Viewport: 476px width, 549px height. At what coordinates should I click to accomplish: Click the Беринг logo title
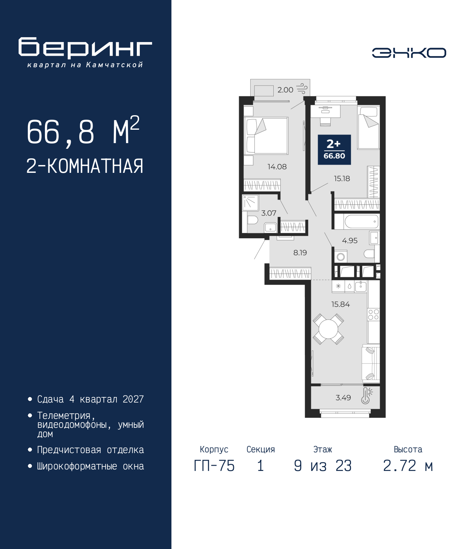[85, 48]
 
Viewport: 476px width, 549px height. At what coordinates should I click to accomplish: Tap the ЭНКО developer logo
[409, 53]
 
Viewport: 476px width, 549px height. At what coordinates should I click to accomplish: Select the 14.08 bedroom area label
[277, 167]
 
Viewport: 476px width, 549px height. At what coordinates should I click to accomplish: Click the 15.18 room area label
[342, 179]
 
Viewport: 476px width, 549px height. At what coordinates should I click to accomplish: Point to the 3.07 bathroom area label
[268, 213]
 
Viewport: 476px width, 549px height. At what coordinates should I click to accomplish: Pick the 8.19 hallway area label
[300, 253]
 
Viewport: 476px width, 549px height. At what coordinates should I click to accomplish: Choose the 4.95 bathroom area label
[350, 241]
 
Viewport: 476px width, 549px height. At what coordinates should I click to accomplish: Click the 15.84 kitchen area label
[340, 304]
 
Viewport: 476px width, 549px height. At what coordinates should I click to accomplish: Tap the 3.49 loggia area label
[343, 398]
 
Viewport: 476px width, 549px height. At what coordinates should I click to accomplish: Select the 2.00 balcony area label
[285, 90]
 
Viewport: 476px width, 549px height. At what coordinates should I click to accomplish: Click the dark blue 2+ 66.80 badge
[334, 149]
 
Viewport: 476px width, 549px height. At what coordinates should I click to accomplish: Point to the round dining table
[328, 329]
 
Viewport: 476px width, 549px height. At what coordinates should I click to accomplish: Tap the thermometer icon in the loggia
[366, 396]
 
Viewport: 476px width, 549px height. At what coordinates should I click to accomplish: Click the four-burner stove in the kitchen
[373, 315]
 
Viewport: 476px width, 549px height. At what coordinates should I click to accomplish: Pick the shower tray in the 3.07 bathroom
[250, 203]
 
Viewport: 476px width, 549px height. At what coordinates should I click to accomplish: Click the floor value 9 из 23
[322, 466]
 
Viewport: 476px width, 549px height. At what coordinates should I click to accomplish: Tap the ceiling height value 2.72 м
[408, 466]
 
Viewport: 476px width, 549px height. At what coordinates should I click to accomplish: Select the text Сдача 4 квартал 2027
[90, 399]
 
